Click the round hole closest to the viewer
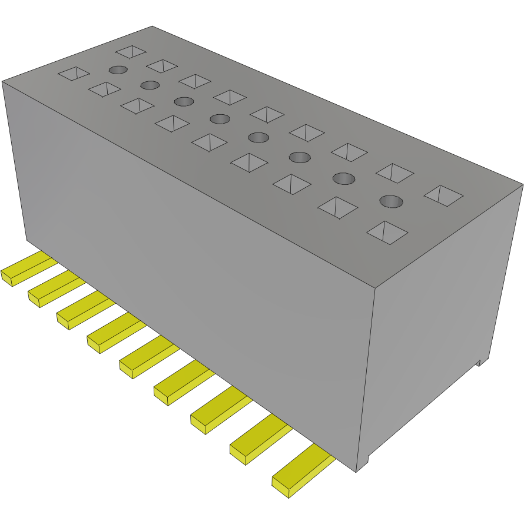point(391,202)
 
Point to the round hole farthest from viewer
point(118,70)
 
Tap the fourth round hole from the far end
point(220,119)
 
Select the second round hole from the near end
point(344,178)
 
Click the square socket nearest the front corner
point(387,232)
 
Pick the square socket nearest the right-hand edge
point(443,195)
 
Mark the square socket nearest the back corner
point(130,52)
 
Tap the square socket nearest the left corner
point(73,74)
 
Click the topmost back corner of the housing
point(152,26)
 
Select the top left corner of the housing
point(2,81)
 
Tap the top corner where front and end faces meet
point(375,288)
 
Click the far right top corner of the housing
point(522,185)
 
